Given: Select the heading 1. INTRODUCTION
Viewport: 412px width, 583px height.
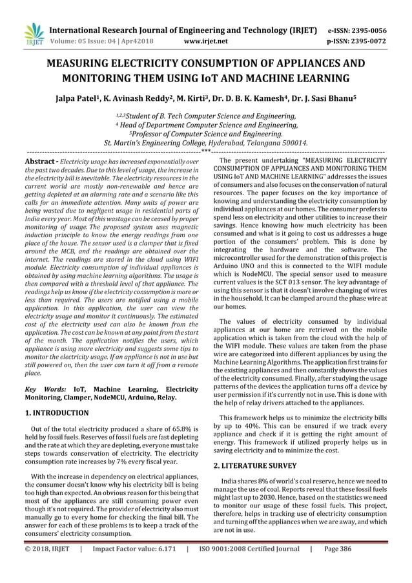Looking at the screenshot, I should [57, 412].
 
